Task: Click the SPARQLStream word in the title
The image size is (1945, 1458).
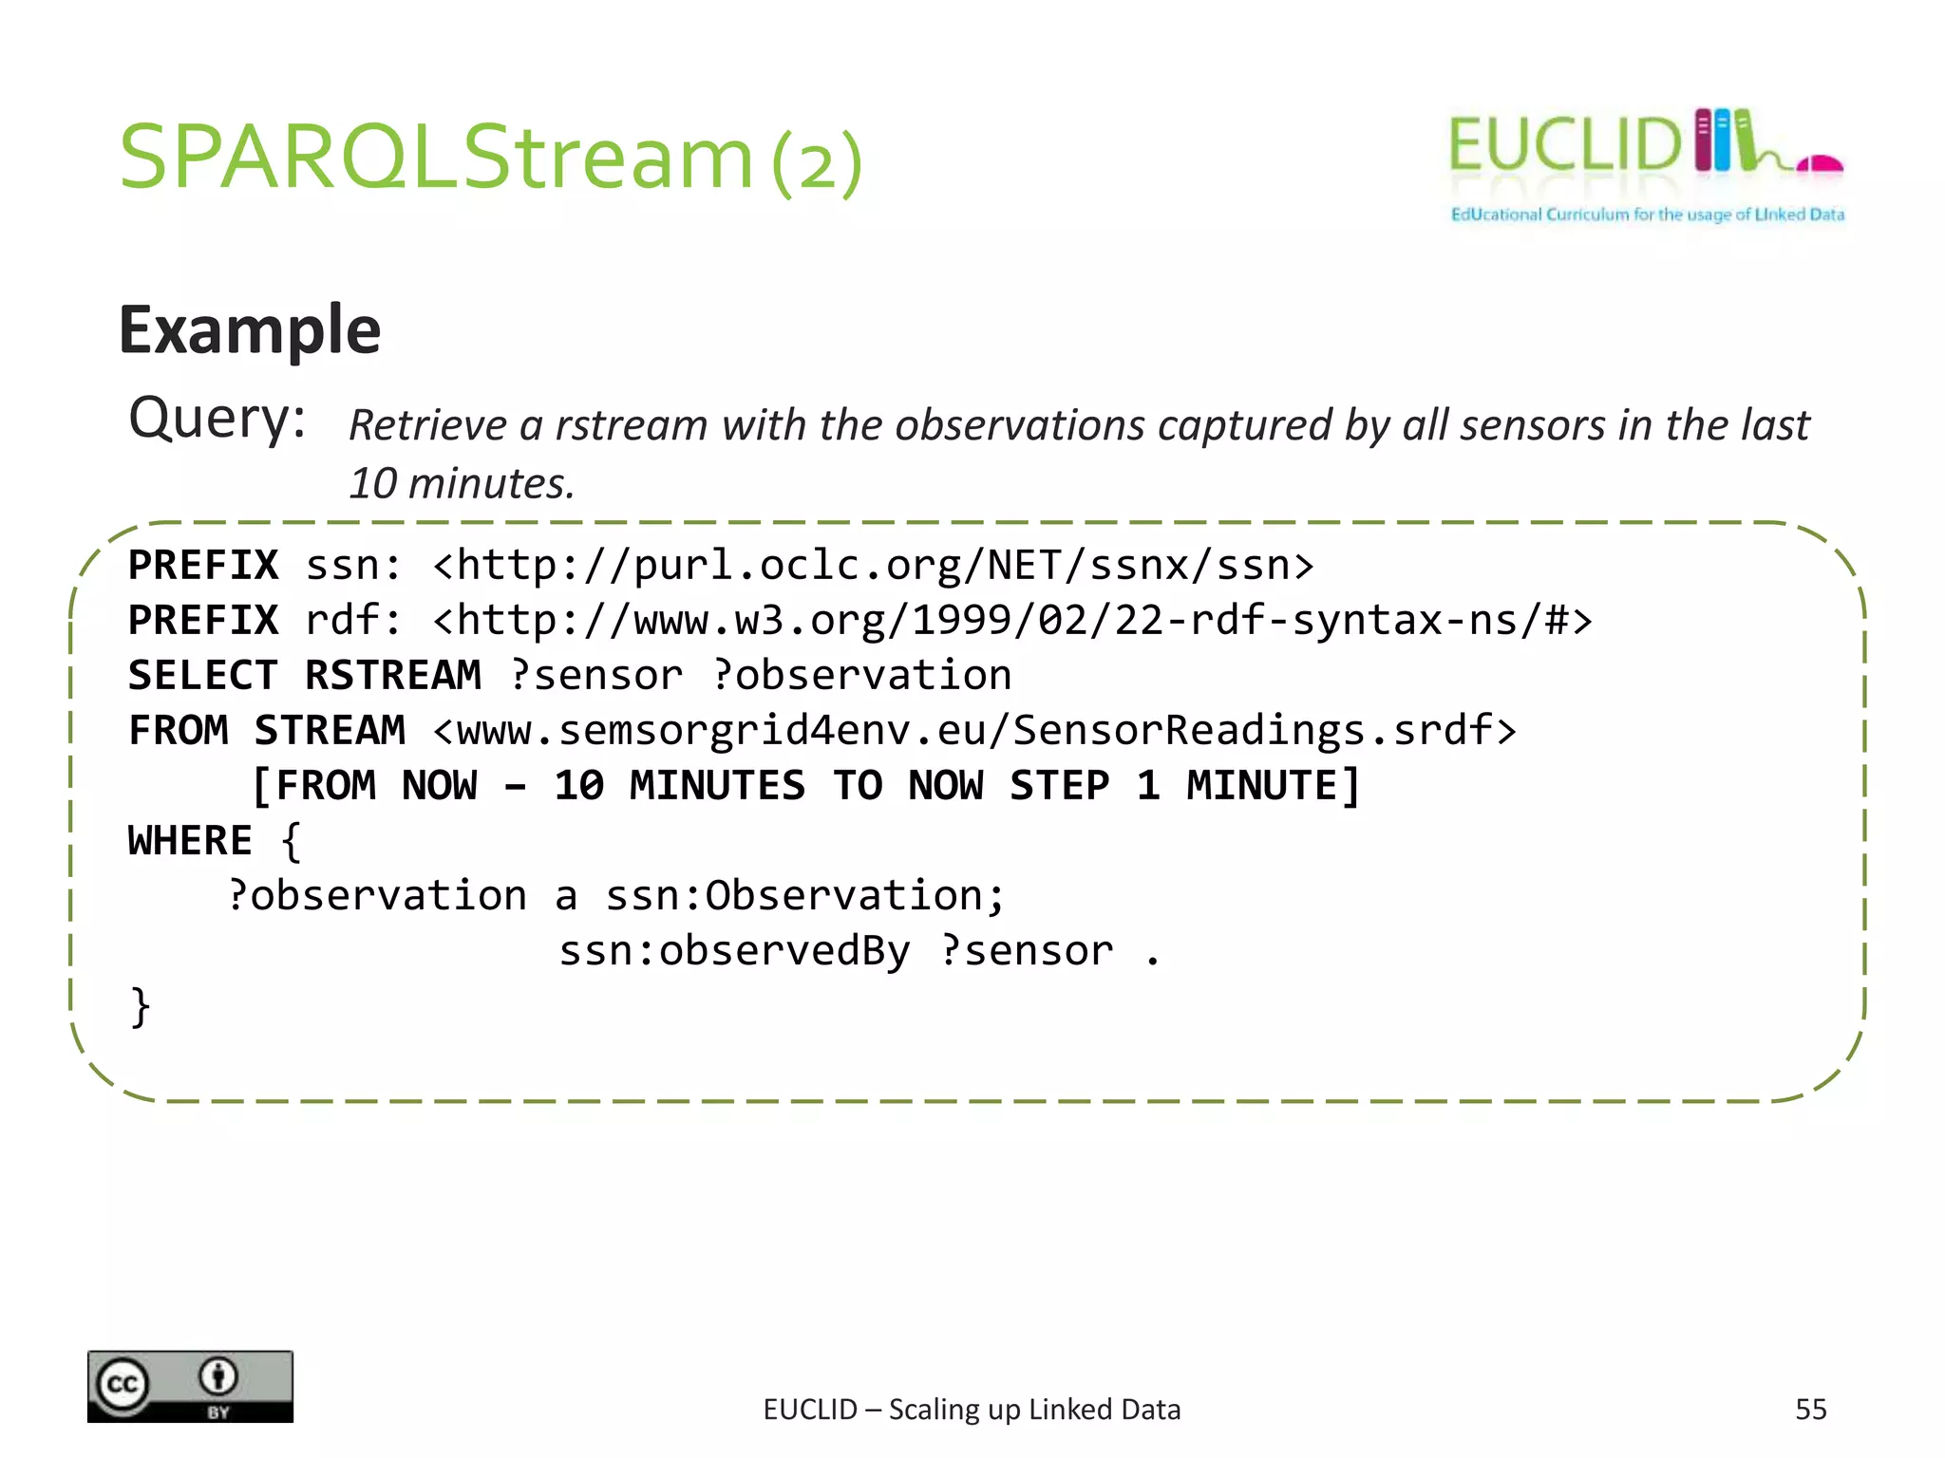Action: pos(436,158)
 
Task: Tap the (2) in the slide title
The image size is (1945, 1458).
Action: pos(817,163)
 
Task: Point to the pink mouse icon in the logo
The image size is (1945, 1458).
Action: pos(1820,165)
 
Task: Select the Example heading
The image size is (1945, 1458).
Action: pos(250,329)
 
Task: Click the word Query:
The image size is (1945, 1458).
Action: pos(217,419)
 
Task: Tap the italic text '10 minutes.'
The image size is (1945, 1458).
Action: pos(462,483)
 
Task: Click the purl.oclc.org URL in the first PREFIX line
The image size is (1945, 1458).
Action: pos(873,566)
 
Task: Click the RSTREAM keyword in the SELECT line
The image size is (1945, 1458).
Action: pos(392,676)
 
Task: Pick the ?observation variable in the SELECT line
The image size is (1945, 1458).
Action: pos(861,676)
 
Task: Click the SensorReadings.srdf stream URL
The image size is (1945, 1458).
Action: pos(974,731)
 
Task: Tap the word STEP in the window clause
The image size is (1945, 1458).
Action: pos(1058,786)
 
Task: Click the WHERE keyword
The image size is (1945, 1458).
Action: pos(190,841)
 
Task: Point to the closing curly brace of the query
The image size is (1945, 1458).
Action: pos(140,1007)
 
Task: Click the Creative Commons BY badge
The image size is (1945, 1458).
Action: pos(190,1386)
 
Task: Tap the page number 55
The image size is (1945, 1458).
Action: pos(1810,1410)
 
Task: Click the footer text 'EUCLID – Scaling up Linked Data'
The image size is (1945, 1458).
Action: pos(972,1410)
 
